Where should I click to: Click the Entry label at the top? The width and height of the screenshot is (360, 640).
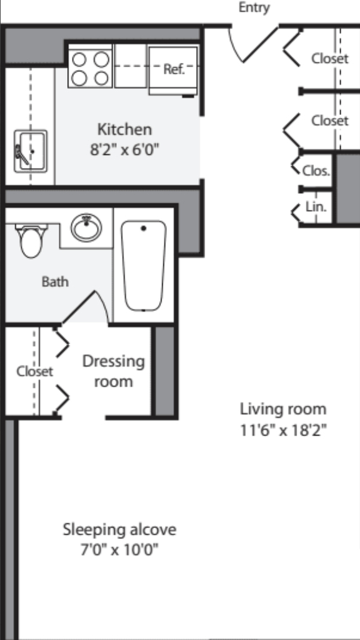coord(254,7)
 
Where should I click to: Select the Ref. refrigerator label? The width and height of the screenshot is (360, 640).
coord(174,69)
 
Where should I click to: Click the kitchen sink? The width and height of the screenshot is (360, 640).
coord(31,151)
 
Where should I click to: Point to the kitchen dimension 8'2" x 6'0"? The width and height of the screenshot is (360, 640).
coord(124,149)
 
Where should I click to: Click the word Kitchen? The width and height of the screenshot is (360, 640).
coord(124,129)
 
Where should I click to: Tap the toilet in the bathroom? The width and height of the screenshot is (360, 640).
coord(31,241)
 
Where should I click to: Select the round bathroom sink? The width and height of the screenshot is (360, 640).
coord(86,227)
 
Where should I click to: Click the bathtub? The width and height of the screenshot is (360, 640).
coord(144,266)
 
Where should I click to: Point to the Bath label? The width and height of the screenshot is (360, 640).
coord(55,282)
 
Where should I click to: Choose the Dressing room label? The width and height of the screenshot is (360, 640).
coord(114,371)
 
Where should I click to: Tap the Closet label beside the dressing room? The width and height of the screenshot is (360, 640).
coord(35,371)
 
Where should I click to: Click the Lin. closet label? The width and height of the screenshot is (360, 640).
coord(316,207)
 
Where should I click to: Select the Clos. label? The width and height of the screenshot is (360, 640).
coord(316,171)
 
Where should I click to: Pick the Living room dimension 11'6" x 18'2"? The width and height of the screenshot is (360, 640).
coord(284,430)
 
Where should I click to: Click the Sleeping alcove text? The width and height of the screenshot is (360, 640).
coord(119,529)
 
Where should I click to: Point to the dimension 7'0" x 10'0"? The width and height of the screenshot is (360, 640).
coord(119,550)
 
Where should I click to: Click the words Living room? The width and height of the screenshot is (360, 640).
coord(283,409)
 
